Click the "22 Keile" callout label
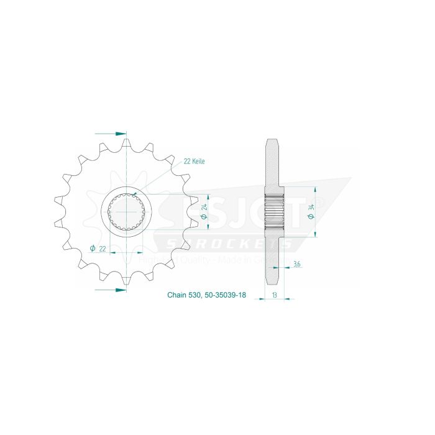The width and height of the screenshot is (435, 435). (x=193, y=161)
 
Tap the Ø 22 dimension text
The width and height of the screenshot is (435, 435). (x=98, y=248)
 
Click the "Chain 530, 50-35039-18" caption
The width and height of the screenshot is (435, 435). (x=206, y=296)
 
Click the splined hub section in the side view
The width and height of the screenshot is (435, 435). (x=274, y=212)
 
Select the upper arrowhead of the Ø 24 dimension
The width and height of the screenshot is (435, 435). (x=198, y=196)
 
